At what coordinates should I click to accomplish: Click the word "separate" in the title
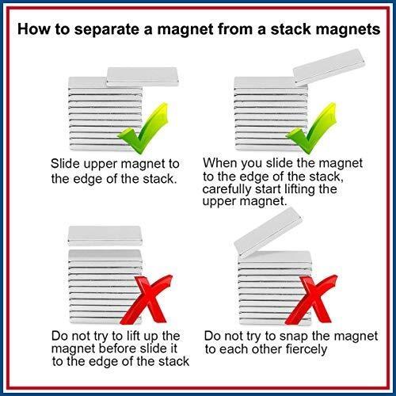(107, 30)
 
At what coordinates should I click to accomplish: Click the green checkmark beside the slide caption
(143, 128)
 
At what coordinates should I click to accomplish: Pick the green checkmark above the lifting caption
(311, 128)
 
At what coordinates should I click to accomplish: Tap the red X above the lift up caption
(147, 299)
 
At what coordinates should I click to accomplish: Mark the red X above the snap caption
(311, 299)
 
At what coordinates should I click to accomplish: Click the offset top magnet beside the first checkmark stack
(143, 77)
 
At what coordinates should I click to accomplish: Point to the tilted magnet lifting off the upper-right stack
(329, 67)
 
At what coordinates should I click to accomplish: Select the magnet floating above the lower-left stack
(105, 234)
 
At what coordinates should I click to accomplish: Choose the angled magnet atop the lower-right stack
(268, 232)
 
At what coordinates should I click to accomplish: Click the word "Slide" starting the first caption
(65, 164)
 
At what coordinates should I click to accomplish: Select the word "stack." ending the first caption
(159, 179)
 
